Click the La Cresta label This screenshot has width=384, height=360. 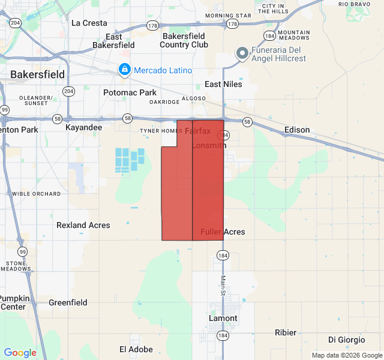(x=89, y=23)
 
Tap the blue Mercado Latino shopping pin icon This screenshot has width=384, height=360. (x=124, y=70)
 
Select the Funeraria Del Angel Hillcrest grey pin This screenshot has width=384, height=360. (x=242, y=54)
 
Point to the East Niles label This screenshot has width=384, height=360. (x=223, y=84)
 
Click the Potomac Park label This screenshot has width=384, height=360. (x=130, y=92)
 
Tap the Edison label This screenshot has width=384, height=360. (x=297, y=130)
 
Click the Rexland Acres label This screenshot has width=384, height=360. (x=83, y=225)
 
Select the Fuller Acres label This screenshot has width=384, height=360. (x=223, y=232)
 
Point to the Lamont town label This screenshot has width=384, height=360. (x=223, y=318)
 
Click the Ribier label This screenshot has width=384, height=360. (x=285, y=332)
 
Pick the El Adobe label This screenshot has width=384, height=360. (x=136, y=349)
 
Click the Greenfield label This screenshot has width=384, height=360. (x=68, y=302)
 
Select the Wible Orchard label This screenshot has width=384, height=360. (x=36, y=194)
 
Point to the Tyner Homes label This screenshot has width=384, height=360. (x=160, y=131)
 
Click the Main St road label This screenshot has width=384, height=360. (x=223, y=286)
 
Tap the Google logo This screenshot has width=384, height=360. (x=20, y=353)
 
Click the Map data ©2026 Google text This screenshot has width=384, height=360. (x=346, y=355)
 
